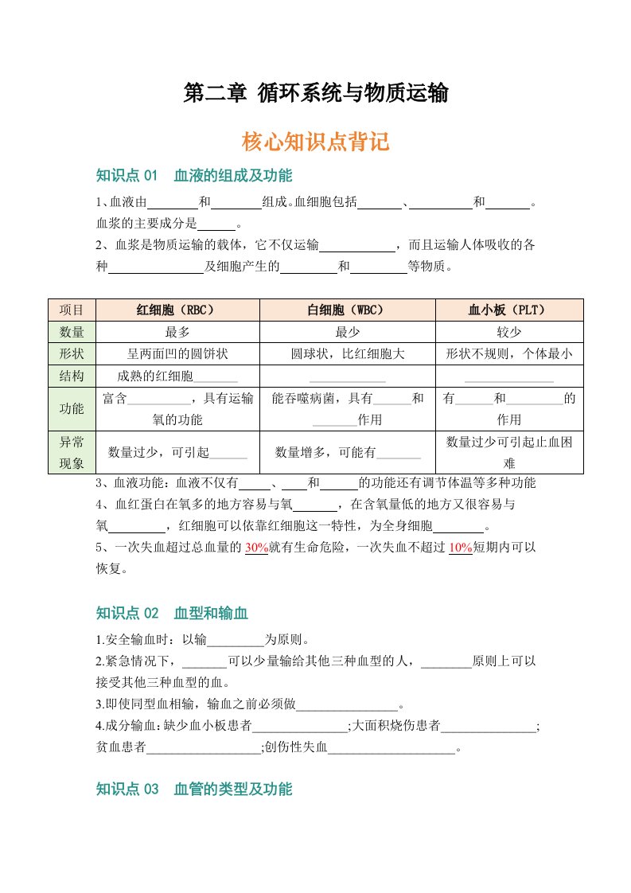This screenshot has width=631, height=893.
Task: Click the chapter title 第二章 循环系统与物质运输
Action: click(316, 94)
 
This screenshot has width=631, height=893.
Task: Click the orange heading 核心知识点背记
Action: click(316, 142)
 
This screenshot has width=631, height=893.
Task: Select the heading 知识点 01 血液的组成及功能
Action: click(193, 175)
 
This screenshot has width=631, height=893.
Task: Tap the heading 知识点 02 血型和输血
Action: click(172, 613)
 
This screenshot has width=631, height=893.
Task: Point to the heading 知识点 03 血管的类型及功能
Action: click(193, 790)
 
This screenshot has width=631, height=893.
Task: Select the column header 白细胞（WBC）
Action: click(348, 310)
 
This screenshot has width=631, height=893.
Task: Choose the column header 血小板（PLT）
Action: click(509, 310)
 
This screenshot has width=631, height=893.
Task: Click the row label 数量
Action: click(72, 332)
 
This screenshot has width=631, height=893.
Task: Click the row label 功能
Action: click(72, 409)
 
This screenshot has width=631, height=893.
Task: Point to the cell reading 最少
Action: click(348, 332)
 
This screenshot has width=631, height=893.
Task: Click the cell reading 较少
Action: click(509, 332)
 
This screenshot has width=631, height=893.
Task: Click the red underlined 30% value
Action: click(257, 548)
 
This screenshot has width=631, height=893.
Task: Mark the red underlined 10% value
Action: click(461, 548)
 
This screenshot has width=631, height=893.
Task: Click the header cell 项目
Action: click(72, 310)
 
